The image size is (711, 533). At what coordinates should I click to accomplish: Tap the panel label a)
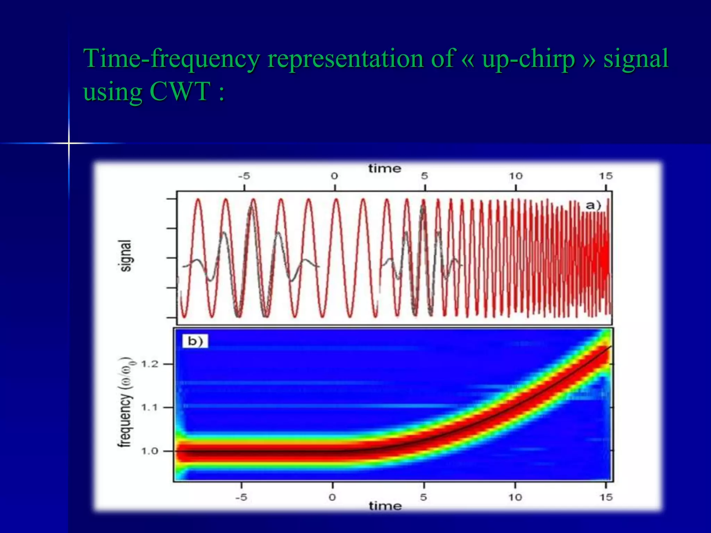(593, 205)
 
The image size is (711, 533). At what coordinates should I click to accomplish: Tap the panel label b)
(195, 341)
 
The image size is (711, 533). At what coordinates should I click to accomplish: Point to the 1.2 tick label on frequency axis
(150, 364)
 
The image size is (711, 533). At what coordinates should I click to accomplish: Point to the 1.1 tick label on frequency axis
(150, 407)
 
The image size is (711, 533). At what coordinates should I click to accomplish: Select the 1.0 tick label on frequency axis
(150, 451)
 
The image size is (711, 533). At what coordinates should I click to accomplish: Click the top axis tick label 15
(605, 176)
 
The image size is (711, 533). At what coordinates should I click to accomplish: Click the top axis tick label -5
(244, 176)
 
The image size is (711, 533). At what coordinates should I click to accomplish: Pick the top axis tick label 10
(516, 176)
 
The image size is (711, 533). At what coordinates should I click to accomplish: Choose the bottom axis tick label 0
(332, 497)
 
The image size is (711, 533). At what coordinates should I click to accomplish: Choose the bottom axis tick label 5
(424, 497)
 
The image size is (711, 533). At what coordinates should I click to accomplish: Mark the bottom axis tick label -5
(241, 497)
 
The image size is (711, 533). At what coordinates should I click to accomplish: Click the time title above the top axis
(385, 169)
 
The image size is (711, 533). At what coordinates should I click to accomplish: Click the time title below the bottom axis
(385, 506)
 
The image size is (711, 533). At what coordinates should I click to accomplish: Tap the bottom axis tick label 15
(606, 497)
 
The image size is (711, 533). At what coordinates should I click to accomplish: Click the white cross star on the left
(69, 143)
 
